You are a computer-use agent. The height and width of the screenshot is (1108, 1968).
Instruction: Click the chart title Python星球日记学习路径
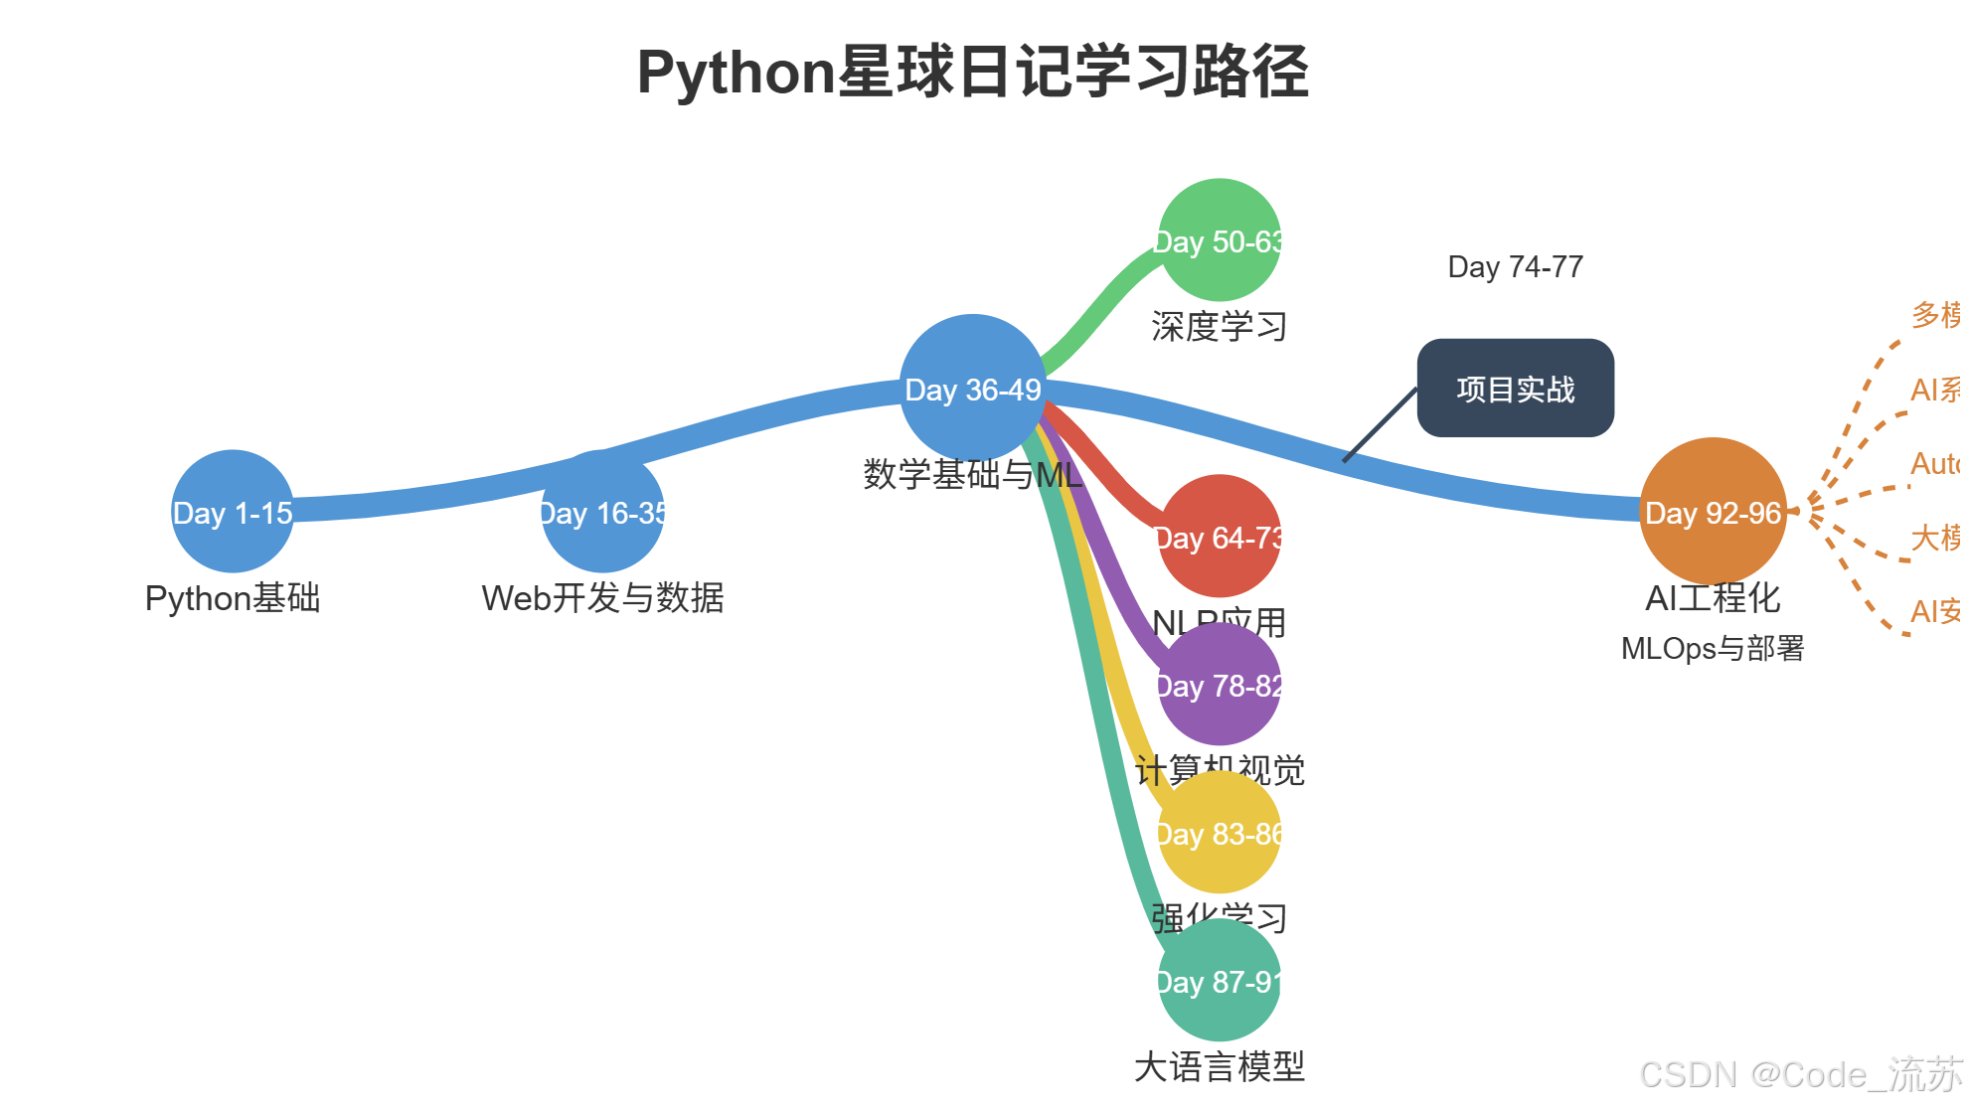click(x=972, y=73)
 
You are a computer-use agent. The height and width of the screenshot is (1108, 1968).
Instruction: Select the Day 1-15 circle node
click(x=233, y=512)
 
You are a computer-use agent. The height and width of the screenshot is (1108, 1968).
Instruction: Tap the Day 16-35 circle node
click(x=602, y=512)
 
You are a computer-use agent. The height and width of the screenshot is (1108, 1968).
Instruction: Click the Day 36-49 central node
click(x=972, y=389)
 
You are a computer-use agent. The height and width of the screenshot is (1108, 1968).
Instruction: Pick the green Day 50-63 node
click(x=1219, y=240)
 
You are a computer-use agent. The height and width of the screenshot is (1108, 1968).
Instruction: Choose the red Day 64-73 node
click(x=1219, y=537)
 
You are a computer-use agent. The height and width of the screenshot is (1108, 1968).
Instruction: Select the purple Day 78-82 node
click(x=1219, y=685)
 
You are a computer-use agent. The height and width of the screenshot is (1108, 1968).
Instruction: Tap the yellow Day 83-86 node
click(x=1219, y=833)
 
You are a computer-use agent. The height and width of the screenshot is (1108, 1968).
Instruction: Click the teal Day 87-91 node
click(x=1219, y=981)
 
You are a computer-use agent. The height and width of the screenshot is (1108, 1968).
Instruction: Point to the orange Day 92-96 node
click(x=1712, y=512)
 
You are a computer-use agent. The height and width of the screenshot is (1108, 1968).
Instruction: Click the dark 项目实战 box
click(x=1515, y=389)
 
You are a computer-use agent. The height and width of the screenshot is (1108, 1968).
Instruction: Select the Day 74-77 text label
click(x=1515, y=266)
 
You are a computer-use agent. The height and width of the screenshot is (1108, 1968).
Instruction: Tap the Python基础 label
click(x=233, y=598)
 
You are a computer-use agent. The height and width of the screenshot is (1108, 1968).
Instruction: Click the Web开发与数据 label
click(x=602, y=598)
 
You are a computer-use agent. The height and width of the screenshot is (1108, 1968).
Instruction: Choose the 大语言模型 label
click(x=1219, y=1067)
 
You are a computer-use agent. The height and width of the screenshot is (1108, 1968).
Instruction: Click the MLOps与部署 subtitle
click(x=1712, y=649)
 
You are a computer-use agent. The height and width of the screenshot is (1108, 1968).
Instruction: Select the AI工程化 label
click(x=1712, y=598)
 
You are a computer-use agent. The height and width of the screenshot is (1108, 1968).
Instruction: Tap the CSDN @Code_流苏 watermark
click(x=1799, y=1075)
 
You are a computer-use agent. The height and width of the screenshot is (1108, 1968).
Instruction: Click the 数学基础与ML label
click(x=972, y=475)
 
